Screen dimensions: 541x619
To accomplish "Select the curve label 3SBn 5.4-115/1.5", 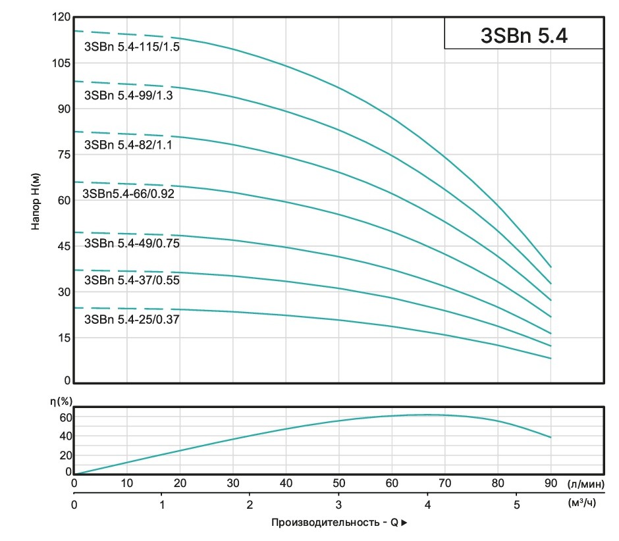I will pyautogui.click(x=132, y=47).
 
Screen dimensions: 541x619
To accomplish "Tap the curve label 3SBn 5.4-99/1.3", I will pyautogui.click(x=132, y=95).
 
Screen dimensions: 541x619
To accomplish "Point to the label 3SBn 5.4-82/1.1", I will pyautogui.click(x=128, y=145).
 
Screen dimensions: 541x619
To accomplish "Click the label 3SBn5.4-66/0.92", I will pyautogui.click(x=127, y=194).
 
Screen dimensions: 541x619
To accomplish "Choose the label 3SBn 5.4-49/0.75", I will pyautogui.click(x=132, y=244).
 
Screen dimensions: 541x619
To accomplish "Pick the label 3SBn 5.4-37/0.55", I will pyautogui.click(x=132, y=280).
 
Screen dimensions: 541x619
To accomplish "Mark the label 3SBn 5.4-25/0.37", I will pyautogui.click(x=132, y=320).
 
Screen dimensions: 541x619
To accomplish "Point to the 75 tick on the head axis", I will pyautogui.click(x=62, y=155).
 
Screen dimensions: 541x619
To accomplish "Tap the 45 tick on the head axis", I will pyautogui.click(x=62, y=246).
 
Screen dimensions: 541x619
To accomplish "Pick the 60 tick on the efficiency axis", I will pyautogui.click(x=65, y=417).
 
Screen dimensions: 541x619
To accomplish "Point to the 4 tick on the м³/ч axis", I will pyautogui.click(x=428, y=505).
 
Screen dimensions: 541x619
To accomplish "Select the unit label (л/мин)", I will pyautogui.click(x=585, y=484).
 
